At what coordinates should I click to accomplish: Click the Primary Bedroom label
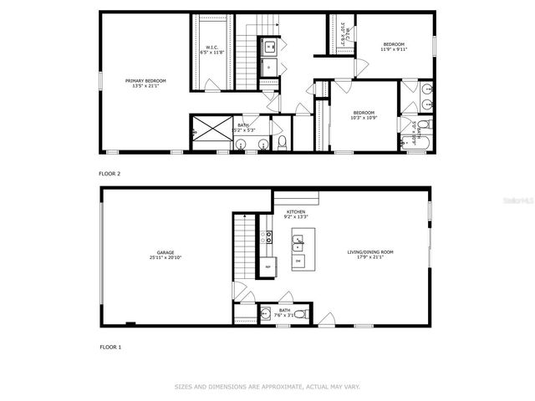(145, 83)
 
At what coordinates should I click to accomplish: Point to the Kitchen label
(297, 214)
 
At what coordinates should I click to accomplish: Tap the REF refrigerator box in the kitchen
(268, 266)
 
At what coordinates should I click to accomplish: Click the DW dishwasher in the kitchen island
(298, 262)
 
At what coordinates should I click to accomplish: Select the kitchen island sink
(298, 243)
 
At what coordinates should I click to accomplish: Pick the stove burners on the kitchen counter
(268, 239)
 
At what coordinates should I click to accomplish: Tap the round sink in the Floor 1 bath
(266, 314)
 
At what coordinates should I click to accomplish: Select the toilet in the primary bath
(282, 144)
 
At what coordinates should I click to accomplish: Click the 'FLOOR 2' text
(110, 174)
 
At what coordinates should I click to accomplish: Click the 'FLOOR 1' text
(110, 346)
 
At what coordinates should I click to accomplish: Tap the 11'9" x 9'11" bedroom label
(394, 47)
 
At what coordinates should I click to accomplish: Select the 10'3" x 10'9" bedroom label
(363, 115)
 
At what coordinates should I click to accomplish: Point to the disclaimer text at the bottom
(267, 387)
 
